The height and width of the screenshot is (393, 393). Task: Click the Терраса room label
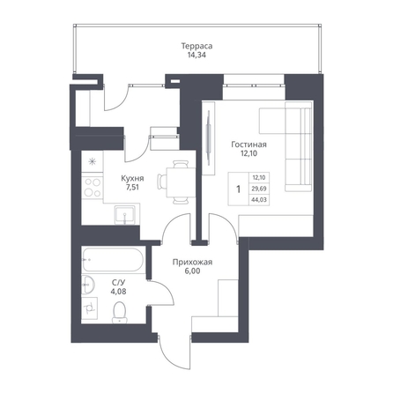click(196, 46)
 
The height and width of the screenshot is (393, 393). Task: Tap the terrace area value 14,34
click(196, 55)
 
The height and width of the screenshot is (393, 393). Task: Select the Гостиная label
click(248, 145)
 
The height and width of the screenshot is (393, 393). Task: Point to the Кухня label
click(132, 178)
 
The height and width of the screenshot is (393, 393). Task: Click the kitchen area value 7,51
click(132, 187)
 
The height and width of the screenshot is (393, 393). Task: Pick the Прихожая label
click(192, 263)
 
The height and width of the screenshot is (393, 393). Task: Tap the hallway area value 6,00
click(192, 271)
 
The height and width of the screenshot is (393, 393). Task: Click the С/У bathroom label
click(119, 283)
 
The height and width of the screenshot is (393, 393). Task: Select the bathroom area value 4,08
click(119, 291)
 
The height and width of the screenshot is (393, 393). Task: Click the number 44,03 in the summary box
click(259, 200)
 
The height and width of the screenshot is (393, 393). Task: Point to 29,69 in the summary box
click(259, 189)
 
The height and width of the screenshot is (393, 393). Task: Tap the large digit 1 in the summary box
click(239, 189)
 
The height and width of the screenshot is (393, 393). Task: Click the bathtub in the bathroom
click(113, 260)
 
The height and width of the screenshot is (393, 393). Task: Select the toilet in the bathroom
click(119, 313)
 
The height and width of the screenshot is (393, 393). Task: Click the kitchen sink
click(125, 215)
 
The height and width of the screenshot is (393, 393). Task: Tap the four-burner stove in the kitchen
click(93, 188)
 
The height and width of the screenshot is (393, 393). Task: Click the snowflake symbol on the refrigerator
click(93, 161)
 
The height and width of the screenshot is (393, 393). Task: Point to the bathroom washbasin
click(88, 285)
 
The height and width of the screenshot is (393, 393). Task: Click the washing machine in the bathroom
click(89, 308)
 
